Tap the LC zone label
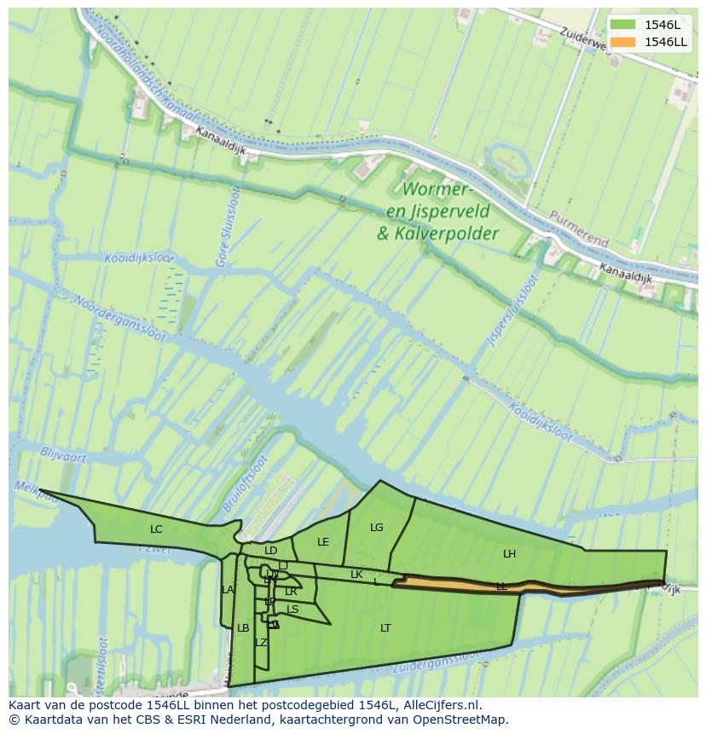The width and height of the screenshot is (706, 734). click(156, 529)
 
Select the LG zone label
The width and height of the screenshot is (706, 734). click(377, 528)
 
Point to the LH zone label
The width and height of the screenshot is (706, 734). click(509, 554)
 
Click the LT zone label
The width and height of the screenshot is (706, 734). click(385, 628)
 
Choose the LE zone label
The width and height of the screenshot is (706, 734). click(323, 542)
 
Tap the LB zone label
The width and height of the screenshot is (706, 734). click(243, 628)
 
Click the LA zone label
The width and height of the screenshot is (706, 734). click(228, 590)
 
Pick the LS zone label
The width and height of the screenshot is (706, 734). click(292, 610)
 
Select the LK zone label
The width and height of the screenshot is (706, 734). click(356, 575)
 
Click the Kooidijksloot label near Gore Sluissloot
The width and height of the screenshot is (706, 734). click(137, 258)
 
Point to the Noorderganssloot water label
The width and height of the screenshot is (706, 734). click(119, 318)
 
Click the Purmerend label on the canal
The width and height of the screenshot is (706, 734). click(579, 228)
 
